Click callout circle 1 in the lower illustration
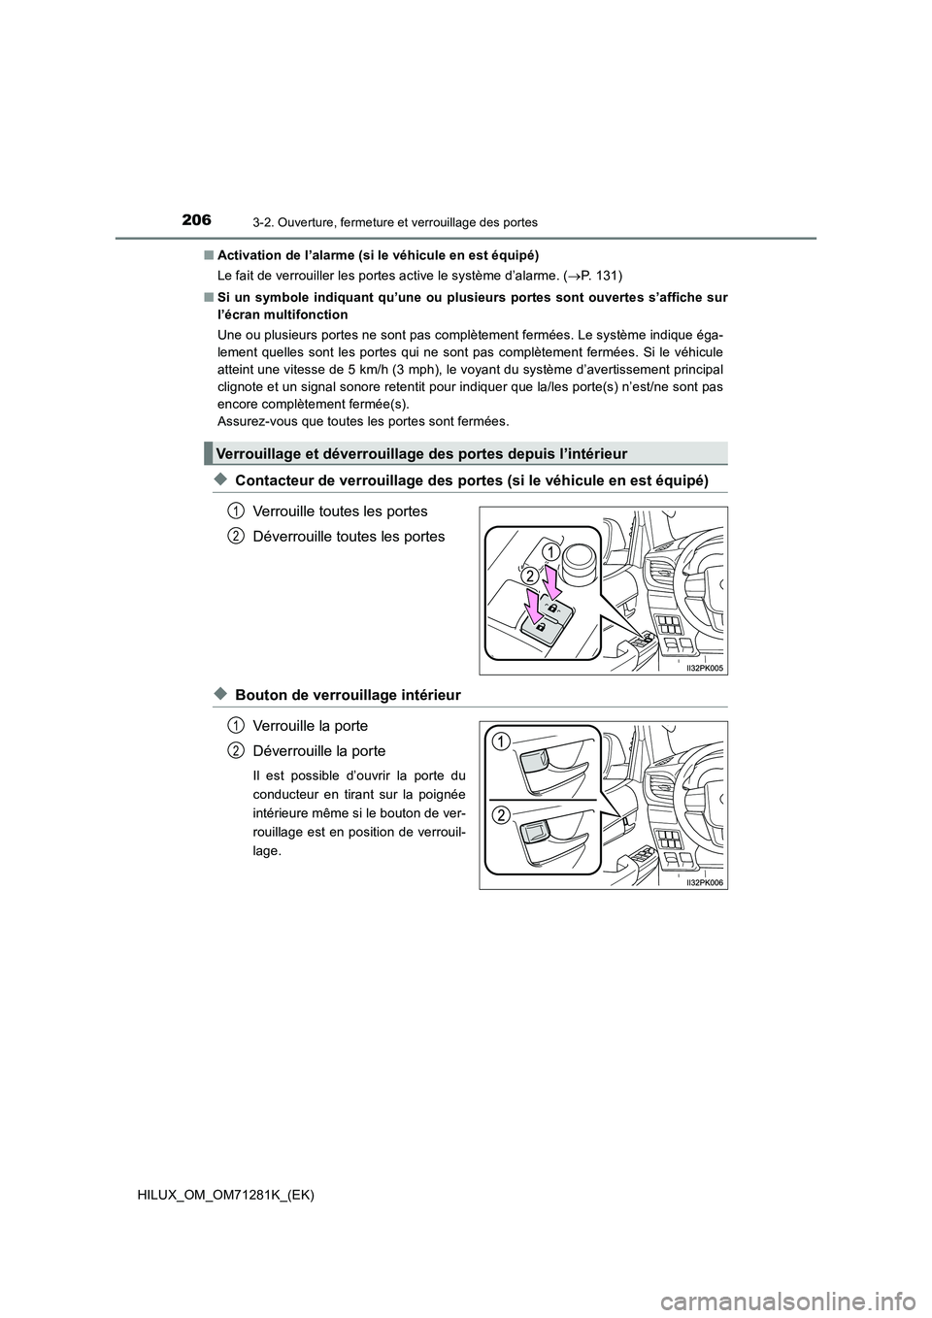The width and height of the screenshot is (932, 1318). pyautogui.click(x=500, y=742)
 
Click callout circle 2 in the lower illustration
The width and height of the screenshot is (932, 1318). pyautogui.click(x=500, y=813)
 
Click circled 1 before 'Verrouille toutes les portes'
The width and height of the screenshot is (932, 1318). pyautogui.click(x=237, y=510)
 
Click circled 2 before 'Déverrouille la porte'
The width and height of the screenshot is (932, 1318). pyautogui.click(x=237, y=749)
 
